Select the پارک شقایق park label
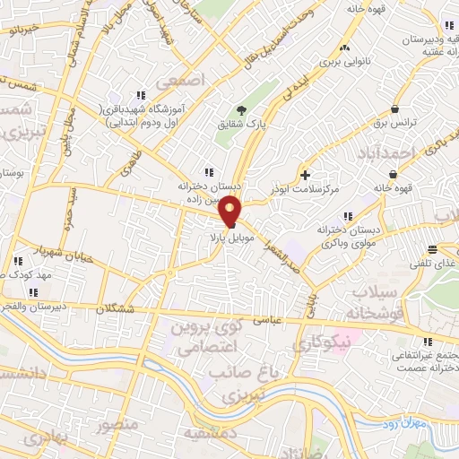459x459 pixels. pyautogui.click(x=234, y=143)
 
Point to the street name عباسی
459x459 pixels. pyautogui.click(x=269, y=318)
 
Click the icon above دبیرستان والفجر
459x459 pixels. pyautogui.click(x=33, y=291)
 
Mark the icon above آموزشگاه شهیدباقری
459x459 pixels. pyautogui.click(x=141, y=95)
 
